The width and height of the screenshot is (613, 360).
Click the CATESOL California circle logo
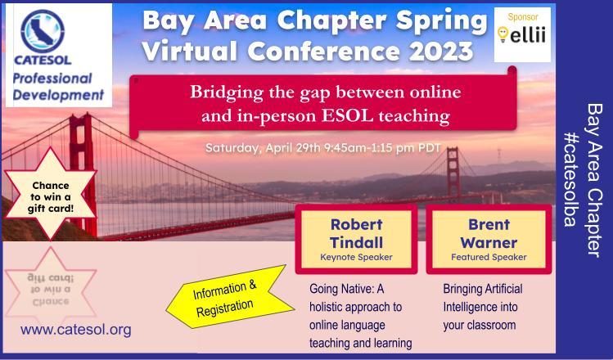[43, 31]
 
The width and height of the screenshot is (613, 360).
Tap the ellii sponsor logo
[522, 35]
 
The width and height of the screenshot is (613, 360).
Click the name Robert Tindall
[356, 233]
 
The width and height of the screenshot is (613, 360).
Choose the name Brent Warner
[489, 233]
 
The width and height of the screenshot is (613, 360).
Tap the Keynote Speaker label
[356, 257]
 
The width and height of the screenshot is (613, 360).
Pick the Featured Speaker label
[489, 257]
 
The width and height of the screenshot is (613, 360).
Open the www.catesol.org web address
[76, 330]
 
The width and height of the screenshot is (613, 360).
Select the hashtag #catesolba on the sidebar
[570, 179]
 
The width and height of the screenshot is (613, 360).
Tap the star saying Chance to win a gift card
[50, 194]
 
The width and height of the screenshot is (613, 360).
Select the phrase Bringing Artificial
[482, 289]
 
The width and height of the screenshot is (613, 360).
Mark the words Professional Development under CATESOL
[58, 87]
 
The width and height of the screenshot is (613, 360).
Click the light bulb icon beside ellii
[503, 34]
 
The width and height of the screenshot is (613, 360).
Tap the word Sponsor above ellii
[523, 17]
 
